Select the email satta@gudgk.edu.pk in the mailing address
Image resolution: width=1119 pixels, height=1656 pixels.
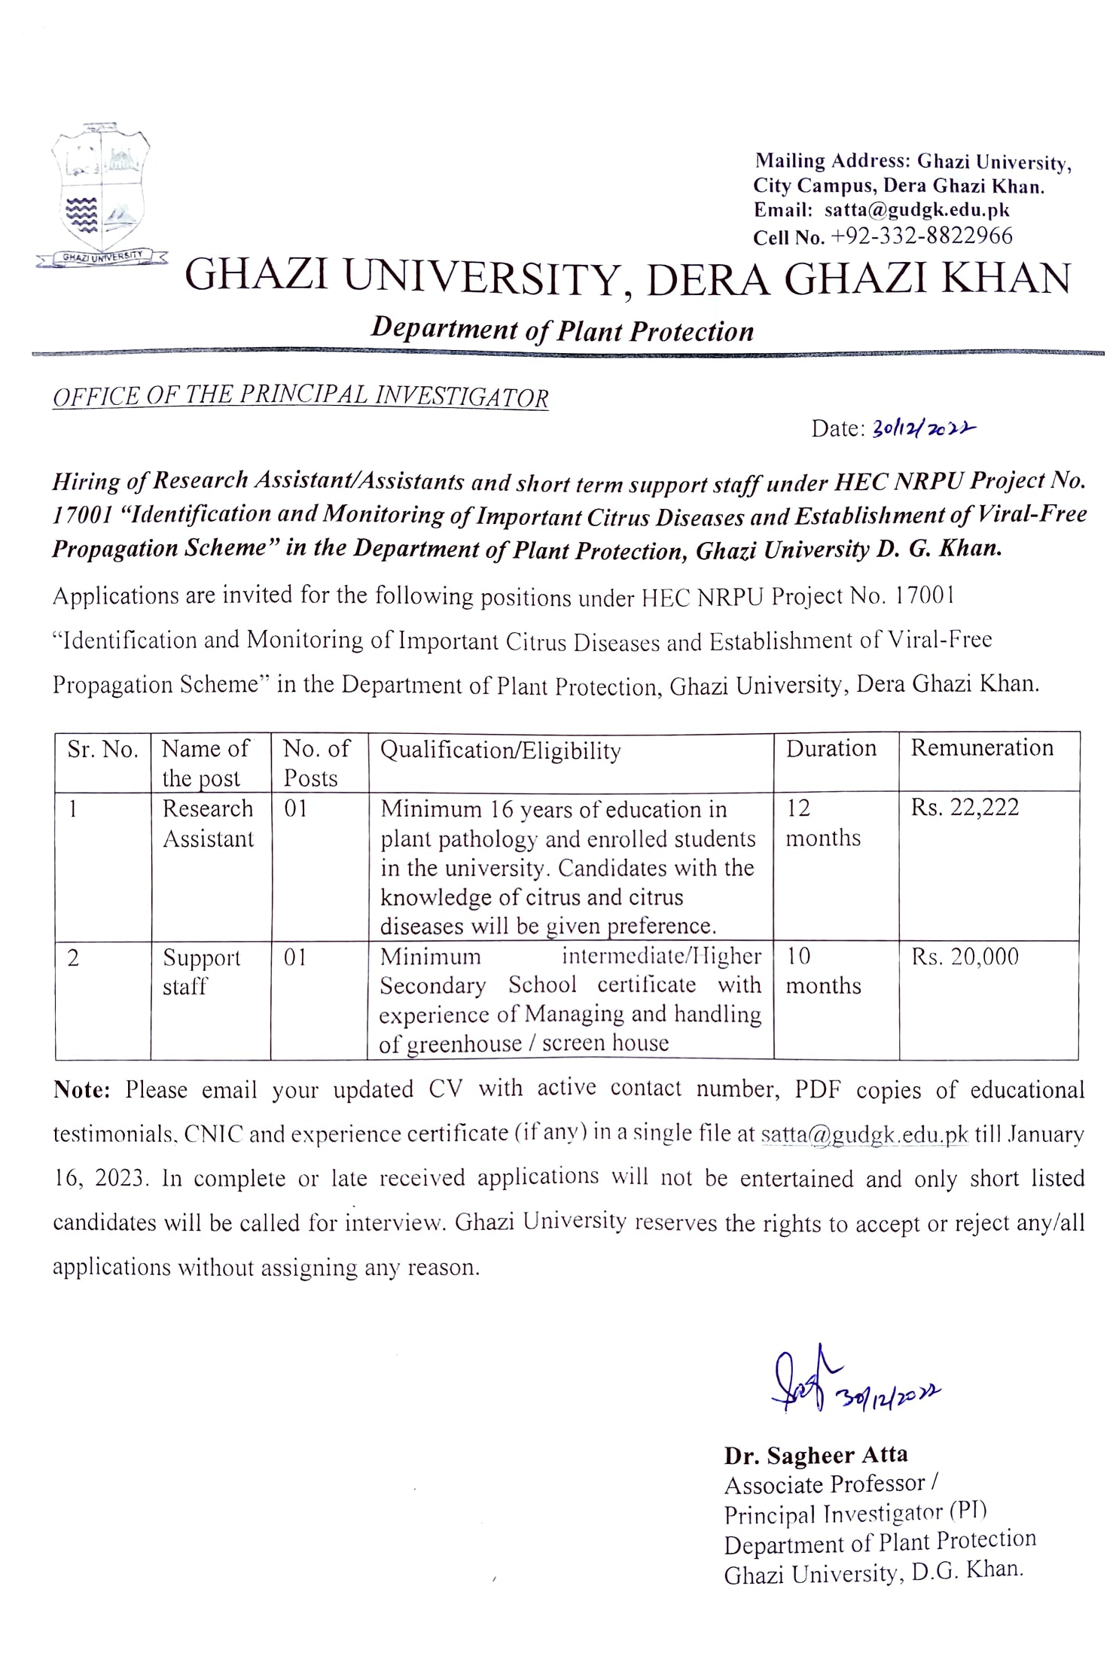916,210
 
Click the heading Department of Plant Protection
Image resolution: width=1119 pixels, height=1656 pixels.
562,330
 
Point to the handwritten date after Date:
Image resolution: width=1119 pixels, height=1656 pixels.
923,429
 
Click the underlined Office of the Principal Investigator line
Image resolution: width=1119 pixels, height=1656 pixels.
300,396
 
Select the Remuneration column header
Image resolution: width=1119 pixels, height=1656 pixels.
982,748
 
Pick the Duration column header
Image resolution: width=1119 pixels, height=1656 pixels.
831,748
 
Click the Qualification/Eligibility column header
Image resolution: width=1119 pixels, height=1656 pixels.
501,750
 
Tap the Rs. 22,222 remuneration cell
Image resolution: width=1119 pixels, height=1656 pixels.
965,808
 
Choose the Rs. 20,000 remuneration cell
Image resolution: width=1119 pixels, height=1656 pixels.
965,957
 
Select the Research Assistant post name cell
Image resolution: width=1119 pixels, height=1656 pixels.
209,823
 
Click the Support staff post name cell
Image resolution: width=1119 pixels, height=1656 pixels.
201,972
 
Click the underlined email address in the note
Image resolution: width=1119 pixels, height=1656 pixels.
864,1134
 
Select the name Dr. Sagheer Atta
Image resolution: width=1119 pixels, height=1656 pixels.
816,1455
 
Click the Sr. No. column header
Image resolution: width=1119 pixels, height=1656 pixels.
102,750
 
